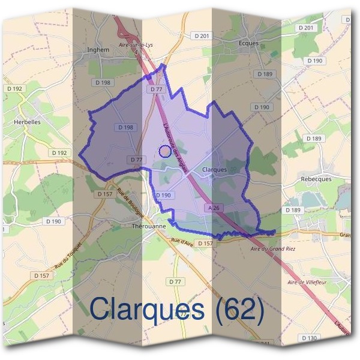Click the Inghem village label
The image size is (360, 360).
click(98, 50)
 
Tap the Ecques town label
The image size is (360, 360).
click(248, 43)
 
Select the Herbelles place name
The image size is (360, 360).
click(26, 121)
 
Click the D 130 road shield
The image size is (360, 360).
click(309, 338)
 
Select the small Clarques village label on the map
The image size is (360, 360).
click(215, 170)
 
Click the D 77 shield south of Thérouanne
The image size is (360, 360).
click(175, 281)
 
